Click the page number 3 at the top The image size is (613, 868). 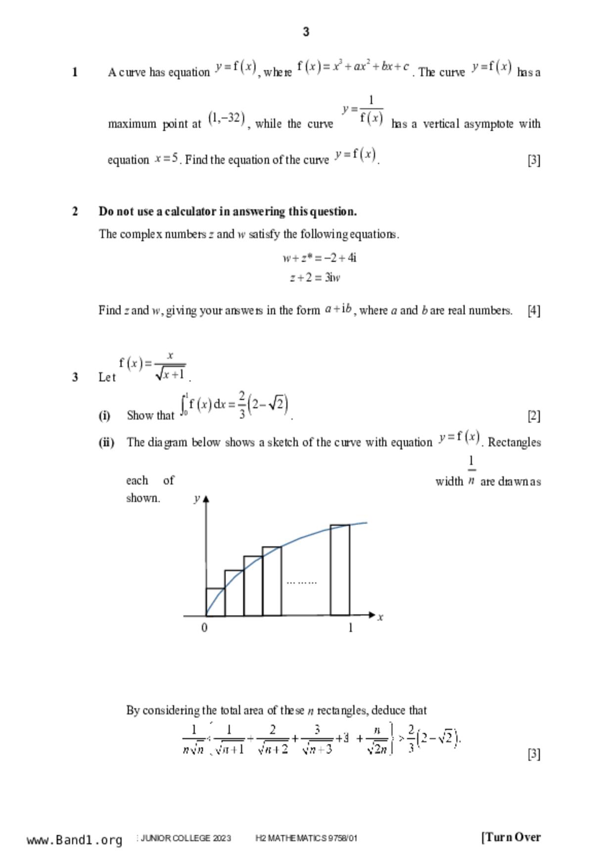[306, 32]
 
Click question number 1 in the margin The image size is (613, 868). [75, 72]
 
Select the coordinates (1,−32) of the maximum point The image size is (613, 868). [227, 119]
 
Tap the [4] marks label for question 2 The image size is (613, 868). [534, 310]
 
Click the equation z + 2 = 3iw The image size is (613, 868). [315, 278]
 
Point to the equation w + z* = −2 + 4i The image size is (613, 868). [320, 258]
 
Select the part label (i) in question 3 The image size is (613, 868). [104, 415]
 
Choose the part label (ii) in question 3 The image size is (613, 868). [106, 442]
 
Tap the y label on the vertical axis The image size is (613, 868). [196, 498]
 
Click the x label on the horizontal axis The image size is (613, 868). [380, 617]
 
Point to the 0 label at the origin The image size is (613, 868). [204, 628]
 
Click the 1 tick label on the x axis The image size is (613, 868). [350, 628]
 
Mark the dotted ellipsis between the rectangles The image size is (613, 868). [301, 582]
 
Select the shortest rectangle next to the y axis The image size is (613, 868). [215, 602]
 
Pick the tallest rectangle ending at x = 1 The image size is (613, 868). [340, 570]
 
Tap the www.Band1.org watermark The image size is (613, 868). [75, 840]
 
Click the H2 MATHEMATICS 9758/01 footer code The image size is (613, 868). [306, 838]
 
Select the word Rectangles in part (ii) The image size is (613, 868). [515, 442]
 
